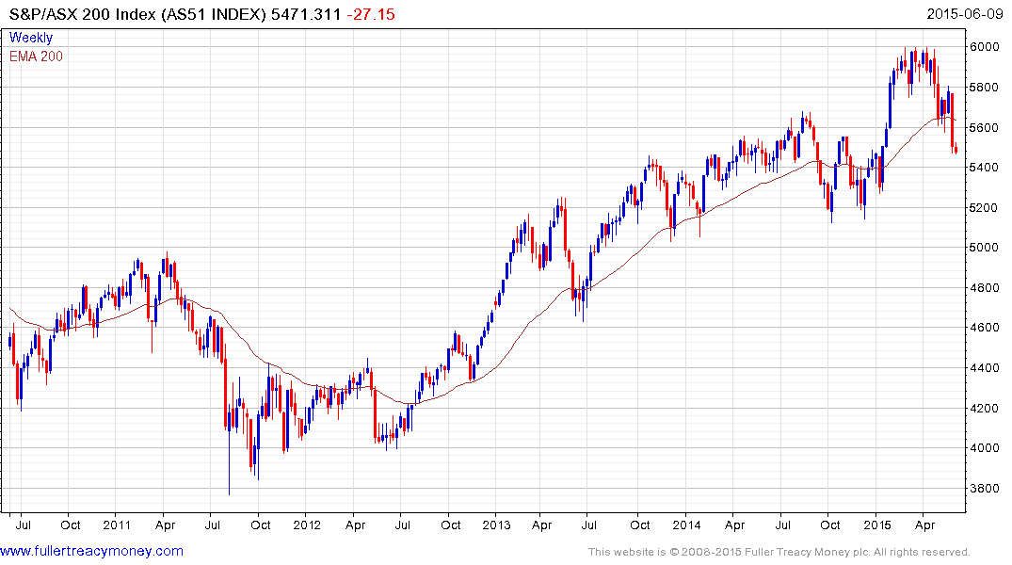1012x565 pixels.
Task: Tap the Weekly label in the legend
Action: [x=31, y=38]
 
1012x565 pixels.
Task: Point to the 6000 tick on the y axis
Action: [x=984, y=47]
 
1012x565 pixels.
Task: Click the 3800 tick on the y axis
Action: [x=984, y=489]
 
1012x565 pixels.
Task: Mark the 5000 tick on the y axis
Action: [x=984, y=248]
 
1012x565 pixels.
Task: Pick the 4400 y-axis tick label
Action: [x=984, y=368]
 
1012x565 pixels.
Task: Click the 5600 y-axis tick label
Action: [x=984, y=127]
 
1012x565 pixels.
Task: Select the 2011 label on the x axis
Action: [x=116, y=525]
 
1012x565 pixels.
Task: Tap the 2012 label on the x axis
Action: [x=307, y=525]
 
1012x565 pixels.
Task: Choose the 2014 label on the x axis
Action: [x=687, y=525]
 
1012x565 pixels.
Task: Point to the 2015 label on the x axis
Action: [x=877, y=525]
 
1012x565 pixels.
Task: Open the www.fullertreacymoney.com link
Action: [x=92, y=551]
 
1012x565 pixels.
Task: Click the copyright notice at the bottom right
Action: [x=778, y=552]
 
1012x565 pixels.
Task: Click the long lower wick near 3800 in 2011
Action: [x=229, y=471]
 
